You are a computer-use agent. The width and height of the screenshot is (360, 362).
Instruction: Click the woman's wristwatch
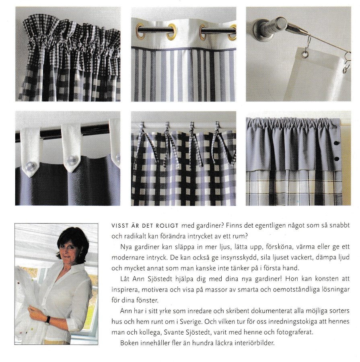point(48,320)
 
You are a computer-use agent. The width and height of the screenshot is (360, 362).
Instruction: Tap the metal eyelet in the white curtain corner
point(305,54)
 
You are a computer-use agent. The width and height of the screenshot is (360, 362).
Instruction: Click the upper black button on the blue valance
point(336,143)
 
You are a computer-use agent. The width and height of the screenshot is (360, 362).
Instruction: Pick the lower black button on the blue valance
point(336,159)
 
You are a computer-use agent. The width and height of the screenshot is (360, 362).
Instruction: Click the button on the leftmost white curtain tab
point(31,166)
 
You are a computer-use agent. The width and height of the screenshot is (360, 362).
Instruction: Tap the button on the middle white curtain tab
point(72,160)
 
